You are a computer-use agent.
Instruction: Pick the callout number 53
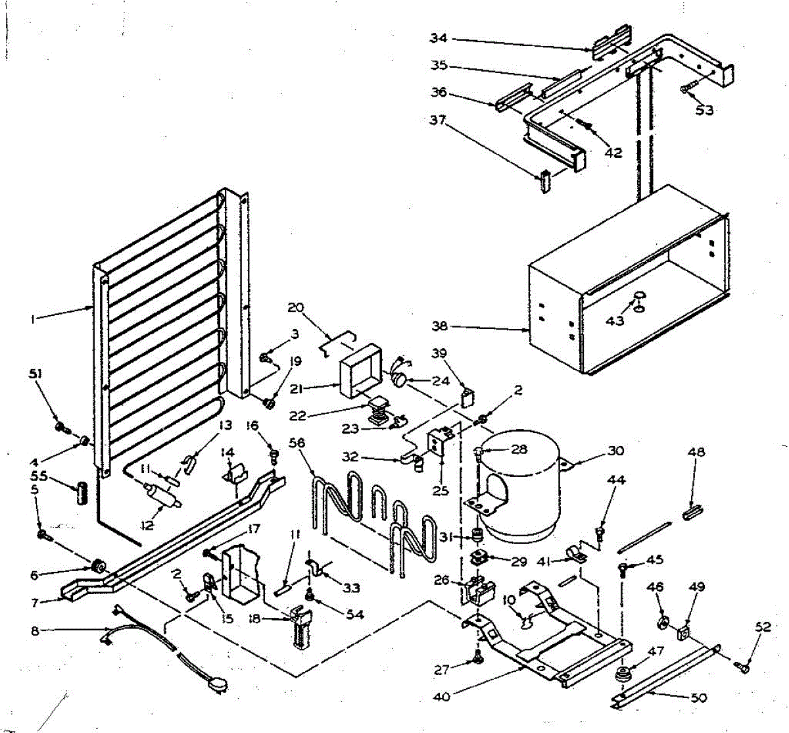coord(704,110)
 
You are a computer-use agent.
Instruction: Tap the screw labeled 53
coord(687,86)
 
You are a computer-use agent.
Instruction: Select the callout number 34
coord(439,38)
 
